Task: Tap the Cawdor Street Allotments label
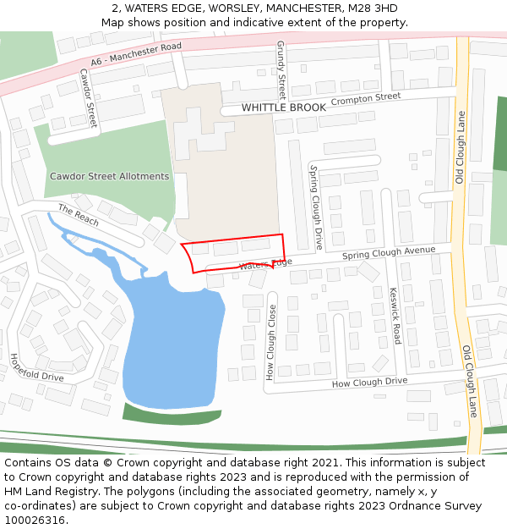pyautogui.click(x=109, y=176)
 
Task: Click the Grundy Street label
pyautogui.click(x=281, y=69)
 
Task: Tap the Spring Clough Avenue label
pyautogui.click(x=389, y=253)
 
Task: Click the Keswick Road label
pyautogui.click(x=395, y=315)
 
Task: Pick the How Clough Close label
pyautogui.click(x=272, y=341)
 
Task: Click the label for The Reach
pyautogui.click(x=79, y=215)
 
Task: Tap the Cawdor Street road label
pyautogui.click(x=88, y=98)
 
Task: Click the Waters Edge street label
pyautogui.click(x=264, y=265)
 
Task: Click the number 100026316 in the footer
pyautogui.click(x=35, y=520)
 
